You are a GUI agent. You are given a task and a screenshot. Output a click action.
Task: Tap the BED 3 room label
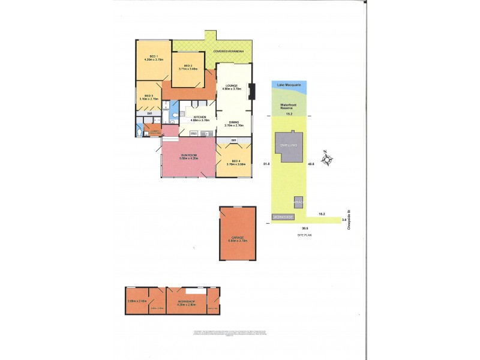(x=148, y=97)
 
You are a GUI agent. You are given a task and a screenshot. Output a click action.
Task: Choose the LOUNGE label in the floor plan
(x=232, y=87)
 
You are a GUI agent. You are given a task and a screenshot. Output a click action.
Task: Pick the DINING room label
(x=233, y=123)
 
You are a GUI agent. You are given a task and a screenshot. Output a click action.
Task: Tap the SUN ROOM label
(x=189, y=157)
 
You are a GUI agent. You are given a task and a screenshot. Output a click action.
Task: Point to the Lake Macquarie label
(x=289, y=86)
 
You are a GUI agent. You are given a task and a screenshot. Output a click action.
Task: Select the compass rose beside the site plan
(x=328, y=160)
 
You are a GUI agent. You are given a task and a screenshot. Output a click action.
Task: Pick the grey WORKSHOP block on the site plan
(x=283, y=216)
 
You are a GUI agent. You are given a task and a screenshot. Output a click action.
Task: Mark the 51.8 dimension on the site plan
(x=266, y=163)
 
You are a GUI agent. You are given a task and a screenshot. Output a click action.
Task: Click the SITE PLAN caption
(x=305, y=235)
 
